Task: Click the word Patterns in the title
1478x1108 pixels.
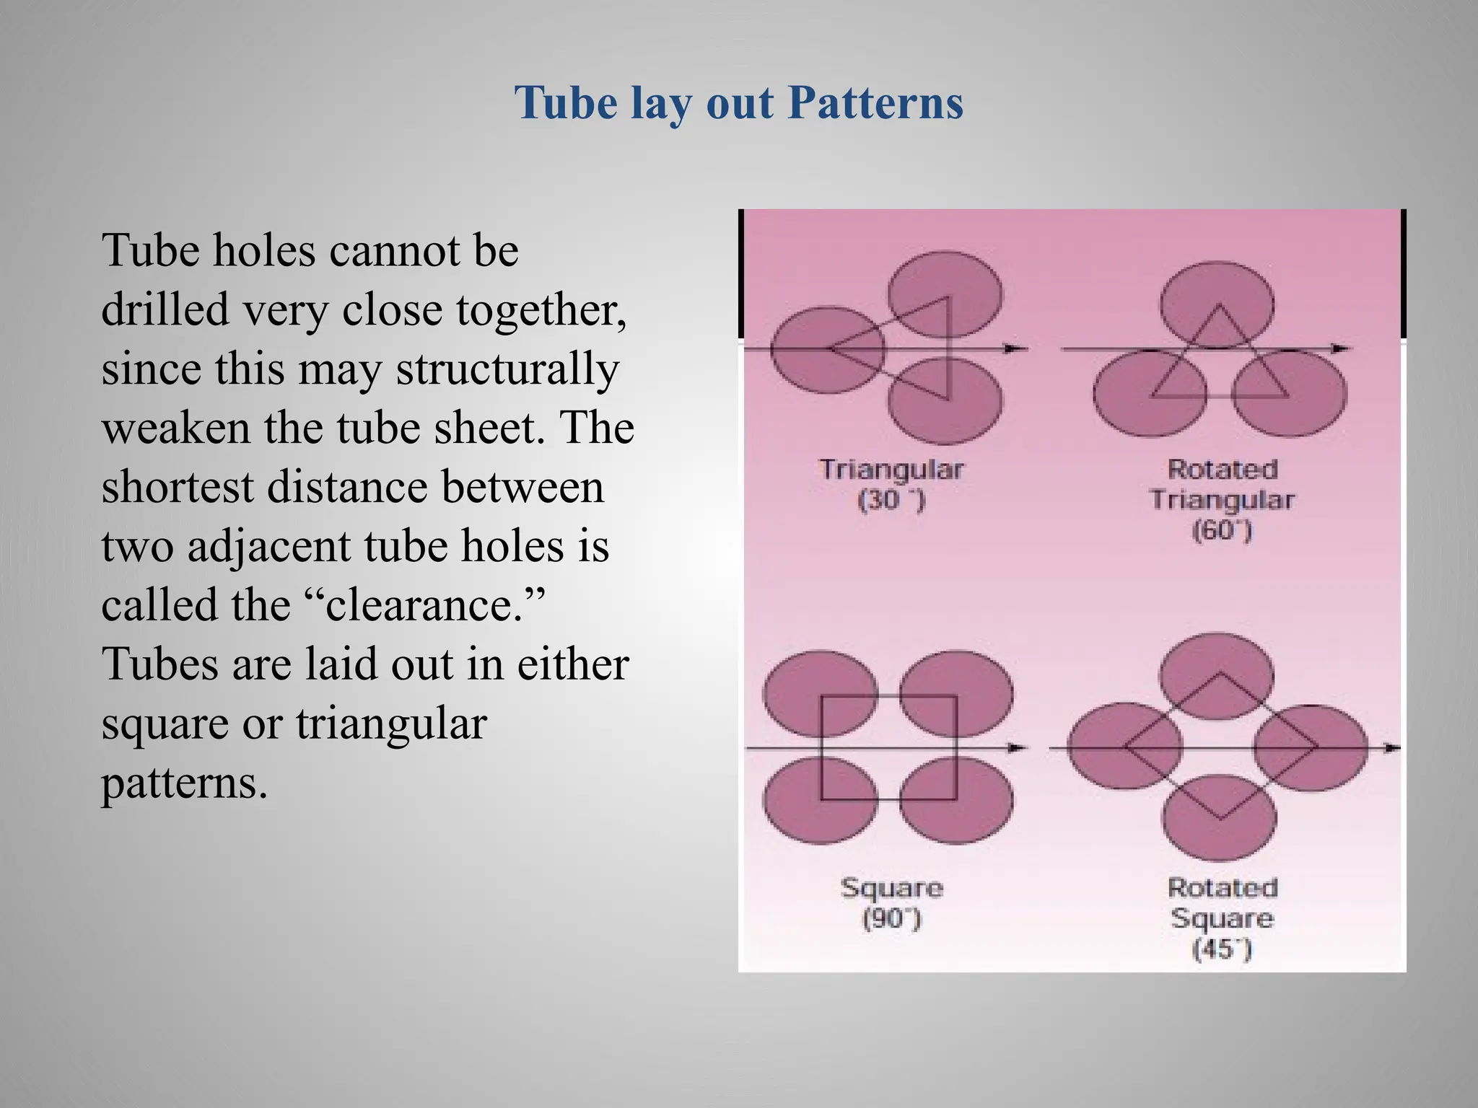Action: tap(875, 102)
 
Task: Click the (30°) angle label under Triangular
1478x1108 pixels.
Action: tap(891, 500)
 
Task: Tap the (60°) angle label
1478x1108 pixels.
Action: tap(1222, 531)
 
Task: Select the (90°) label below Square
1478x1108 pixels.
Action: tap(892, 918)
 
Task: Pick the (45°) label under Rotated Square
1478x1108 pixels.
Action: tap(1222, 949)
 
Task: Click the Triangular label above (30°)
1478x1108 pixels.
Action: tap(891, 470)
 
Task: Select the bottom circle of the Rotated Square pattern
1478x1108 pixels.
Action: tap(1220, 817)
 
